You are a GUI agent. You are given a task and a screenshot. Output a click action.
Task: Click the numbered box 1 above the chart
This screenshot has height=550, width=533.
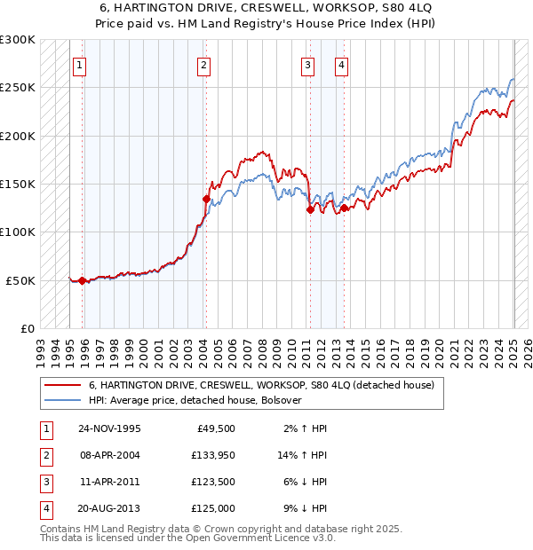pos(80,64)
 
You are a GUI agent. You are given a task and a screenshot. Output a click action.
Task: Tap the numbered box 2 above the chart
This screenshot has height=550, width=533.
pos(204,64)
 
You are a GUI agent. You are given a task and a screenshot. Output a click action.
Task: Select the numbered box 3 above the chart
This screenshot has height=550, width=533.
pos(307,64)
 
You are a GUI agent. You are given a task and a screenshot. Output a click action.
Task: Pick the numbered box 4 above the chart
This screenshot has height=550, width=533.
pos(341,64)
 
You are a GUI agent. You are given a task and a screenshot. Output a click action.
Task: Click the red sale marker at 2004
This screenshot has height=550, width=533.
pos(205,200)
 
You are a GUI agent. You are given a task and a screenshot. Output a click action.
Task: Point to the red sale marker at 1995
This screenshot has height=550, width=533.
pos(82,280)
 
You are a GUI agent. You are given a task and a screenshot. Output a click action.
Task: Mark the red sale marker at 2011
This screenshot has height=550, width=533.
pos(310,209)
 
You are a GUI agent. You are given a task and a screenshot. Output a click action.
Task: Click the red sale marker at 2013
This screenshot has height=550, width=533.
pos(344,208)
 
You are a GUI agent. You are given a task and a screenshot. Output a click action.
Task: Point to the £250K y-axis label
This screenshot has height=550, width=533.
pos(17,88)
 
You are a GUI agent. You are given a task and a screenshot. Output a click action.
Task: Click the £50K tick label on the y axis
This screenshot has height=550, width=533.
pos(20,280)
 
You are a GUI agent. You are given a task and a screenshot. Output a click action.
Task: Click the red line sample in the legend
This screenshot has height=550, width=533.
pos(63,386)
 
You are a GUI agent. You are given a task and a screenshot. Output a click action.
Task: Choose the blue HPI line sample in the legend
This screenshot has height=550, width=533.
pos(63,400)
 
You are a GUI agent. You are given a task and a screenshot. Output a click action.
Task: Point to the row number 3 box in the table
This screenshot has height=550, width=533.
pos(45,482)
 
